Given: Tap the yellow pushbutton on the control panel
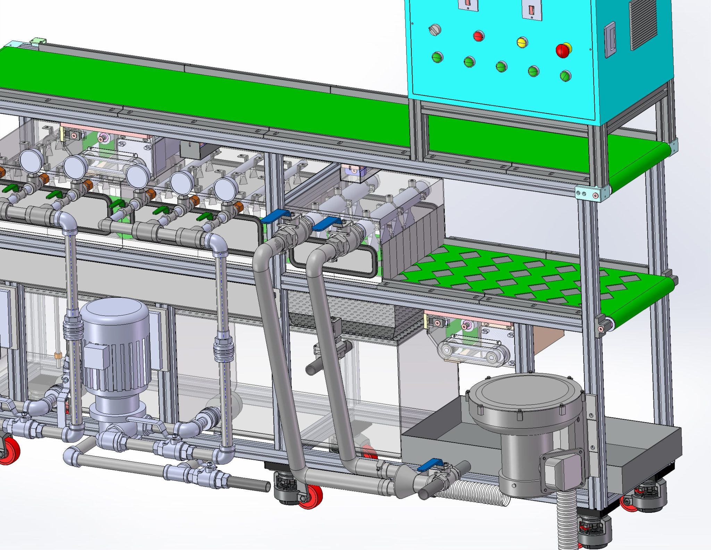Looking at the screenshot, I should pyautogui.click(x=522, y=42).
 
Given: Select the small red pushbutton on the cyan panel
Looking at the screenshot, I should pyautogui.click(x=478, y=36).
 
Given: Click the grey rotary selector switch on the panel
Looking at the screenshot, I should pyautogui.click(x=434, y=30).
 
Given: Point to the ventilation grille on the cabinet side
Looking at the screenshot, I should pyautogui.click(x=643, y=24).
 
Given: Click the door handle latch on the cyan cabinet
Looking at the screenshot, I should pyautogui.click(x=610, y=40).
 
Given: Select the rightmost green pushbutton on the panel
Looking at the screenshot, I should pyautogui.click(x=565, y=75).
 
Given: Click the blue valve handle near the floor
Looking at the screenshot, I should pyautogui.click(x=430, y=465).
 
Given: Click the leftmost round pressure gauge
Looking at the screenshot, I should pyautogui.click(x=31, y=160).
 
